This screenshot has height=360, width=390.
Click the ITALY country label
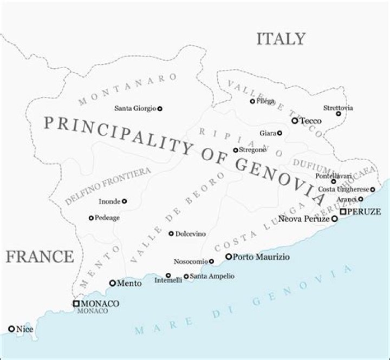click(x=281, y=39)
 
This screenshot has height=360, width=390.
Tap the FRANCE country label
click(x=39, y=256)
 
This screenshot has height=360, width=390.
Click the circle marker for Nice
click(x=11, y=329)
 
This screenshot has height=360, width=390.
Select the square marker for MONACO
click(x=76, y=304)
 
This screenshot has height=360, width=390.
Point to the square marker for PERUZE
click(x=343, y=211)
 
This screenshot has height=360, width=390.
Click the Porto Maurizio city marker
click(x=229, y=257)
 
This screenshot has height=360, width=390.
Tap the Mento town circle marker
click(x=113, y=283)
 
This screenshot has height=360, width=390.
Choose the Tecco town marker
click(x=295, y=121)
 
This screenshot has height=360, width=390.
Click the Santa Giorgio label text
click(x=135, y=108)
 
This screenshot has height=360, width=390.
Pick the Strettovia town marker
click(x=339, y=114)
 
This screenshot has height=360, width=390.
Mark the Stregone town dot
click(x=235, y=150)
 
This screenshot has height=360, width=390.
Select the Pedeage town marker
click(x=91, y=218)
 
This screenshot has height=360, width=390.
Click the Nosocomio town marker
click(x=211, y=261)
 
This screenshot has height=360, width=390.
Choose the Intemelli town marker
click(x=168, y=276)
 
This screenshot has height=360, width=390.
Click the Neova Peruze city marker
click(x=334, y=219)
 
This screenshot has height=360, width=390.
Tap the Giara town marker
click(x=279, y=133)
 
